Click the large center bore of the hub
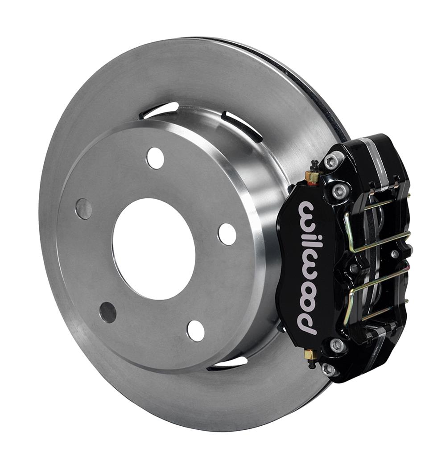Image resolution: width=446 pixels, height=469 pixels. (154, 249)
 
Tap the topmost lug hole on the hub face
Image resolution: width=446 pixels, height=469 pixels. (155, 158)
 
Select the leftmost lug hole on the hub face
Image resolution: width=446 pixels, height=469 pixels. (83, 209)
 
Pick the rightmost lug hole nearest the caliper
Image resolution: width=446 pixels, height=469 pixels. (227, 234)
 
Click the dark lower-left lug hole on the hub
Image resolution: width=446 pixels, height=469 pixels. (108, 312)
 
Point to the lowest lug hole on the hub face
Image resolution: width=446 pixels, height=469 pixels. (196, 330)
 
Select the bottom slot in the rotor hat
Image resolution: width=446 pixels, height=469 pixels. (227, 362)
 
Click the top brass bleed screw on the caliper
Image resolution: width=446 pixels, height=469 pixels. (313, 175)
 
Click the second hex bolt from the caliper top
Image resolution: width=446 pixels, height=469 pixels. (340, 192)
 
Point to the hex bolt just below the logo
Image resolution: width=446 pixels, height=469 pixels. (337, 345)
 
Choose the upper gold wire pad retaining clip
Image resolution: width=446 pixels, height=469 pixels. (377, 227)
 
